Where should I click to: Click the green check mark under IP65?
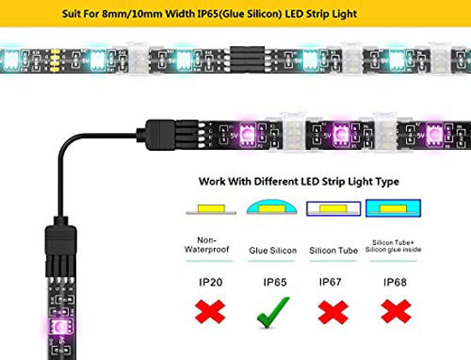click(x=273, y=311)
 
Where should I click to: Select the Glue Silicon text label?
click(x=272, y=250)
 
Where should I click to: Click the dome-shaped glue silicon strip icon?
click(x=272, y=208)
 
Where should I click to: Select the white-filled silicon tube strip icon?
click(x=332, y=209)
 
